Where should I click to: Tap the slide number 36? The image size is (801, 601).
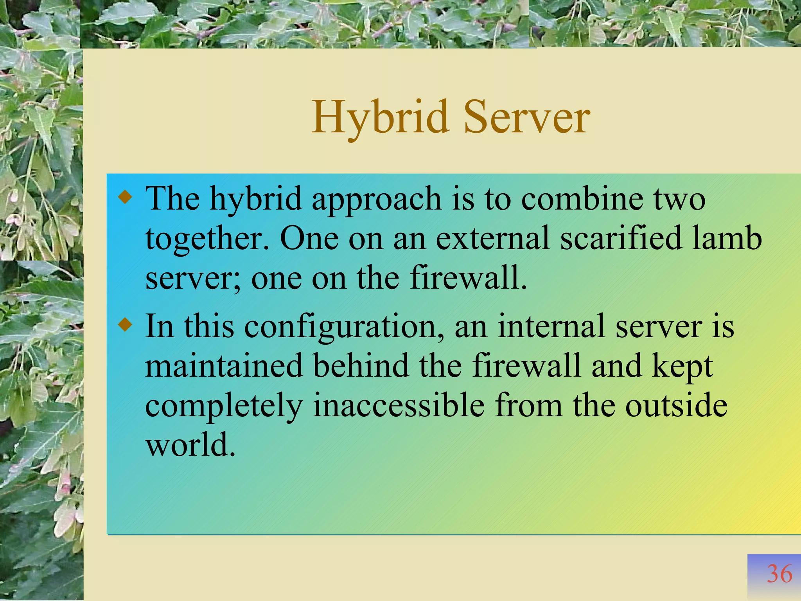point(779,574)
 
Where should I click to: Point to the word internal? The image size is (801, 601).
point(551,326)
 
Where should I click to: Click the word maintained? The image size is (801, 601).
point(224,365)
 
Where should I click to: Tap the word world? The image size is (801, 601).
point(190,445)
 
